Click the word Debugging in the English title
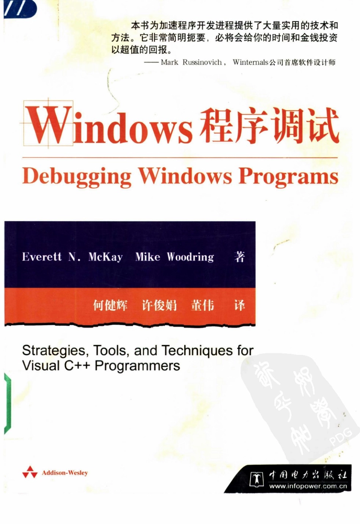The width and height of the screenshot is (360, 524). [x=77, y=177]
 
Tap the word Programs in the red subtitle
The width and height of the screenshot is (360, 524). [x=288, y=177]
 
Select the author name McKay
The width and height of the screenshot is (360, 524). [x=105, y=257]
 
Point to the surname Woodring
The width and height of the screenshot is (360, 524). [x=190, y=257]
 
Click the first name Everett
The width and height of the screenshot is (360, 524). [x=42, y=257]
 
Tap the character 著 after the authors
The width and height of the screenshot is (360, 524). [x=239, y=257]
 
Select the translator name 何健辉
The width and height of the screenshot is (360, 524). [x=110, y=305]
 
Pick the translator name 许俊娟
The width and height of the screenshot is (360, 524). [x=159, y=305]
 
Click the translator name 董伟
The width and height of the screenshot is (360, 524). [x=202, y=305]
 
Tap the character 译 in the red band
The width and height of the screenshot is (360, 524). [x=239, y=305]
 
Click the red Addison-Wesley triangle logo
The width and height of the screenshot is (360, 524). [x=30, y=472]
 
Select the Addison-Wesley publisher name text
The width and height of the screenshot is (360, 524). [x=65, y=473]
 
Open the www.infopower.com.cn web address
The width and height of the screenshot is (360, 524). [x=308, y=486]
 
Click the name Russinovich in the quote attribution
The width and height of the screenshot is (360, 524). [x=202, y=63]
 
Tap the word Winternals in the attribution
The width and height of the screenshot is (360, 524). [x=250, y=63]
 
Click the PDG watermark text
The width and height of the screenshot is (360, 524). [x=341, y=436]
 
